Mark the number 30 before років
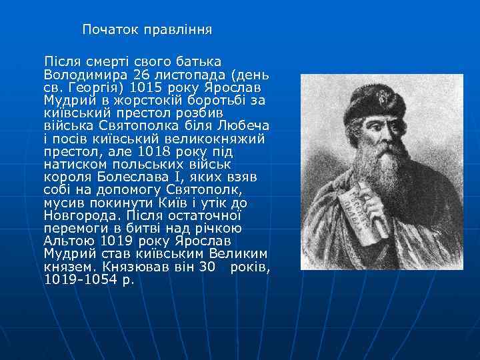pyautogui.click(x=209, y=267)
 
